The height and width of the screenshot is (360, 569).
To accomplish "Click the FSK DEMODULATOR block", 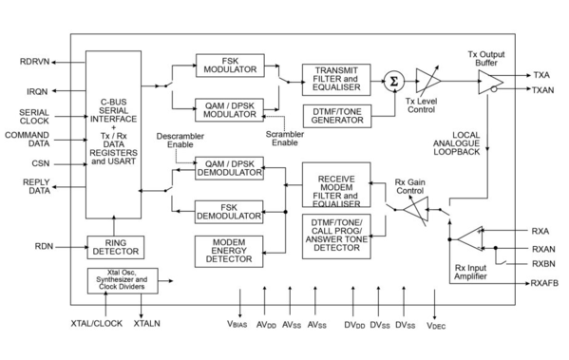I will pyautogui.click(x=228, y=211).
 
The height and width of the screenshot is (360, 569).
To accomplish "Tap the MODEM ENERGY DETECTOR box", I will pyautogui.click(x=228, y=252).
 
